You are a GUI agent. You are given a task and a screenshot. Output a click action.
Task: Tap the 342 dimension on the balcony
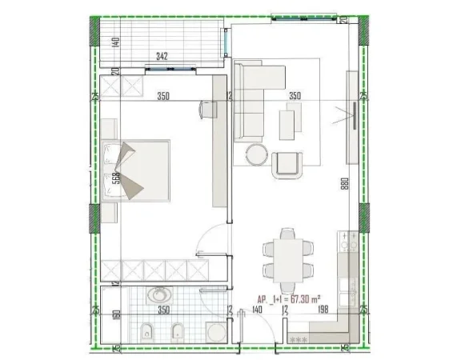[162, 57]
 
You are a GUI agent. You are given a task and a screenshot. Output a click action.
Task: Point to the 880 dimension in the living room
[343, 182]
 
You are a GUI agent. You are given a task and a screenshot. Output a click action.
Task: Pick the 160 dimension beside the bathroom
[117, 315]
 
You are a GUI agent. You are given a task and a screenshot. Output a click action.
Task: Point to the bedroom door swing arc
[210, 236]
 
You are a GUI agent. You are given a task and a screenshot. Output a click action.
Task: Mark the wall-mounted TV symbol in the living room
[351, 112]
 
